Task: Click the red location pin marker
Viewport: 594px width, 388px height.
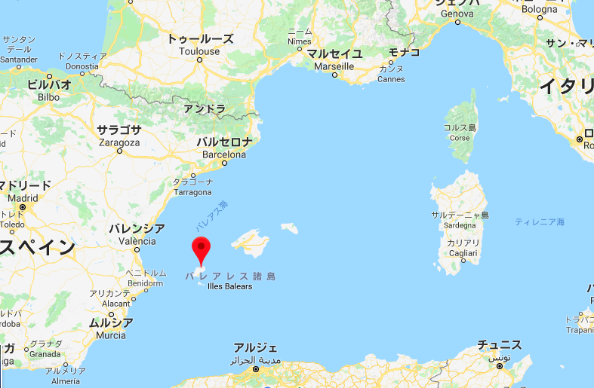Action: pos(200,248)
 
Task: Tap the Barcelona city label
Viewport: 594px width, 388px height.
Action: pos(224,154)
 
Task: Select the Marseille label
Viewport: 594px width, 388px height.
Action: pos(333,66)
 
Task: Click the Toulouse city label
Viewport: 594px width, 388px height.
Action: pos(199,51)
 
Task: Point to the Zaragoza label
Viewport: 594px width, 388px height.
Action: pos(119,142)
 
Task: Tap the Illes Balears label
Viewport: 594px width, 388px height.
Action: pos(230,286)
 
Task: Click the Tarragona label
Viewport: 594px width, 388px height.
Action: pos(192,192)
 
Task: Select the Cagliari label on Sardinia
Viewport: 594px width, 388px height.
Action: pos(463,253)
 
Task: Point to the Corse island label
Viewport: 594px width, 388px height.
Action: pos(459,138)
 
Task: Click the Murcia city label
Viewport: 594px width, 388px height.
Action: pos(111,335)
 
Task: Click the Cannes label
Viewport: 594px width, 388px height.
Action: pos(390,79)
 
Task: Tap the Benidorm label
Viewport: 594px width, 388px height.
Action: pos(145,283)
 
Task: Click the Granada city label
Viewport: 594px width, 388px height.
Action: pos(45,353)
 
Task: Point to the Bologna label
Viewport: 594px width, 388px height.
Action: pos(538,10)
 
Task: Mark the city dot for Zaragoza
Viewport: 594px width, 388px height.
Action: pos(119,151)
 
